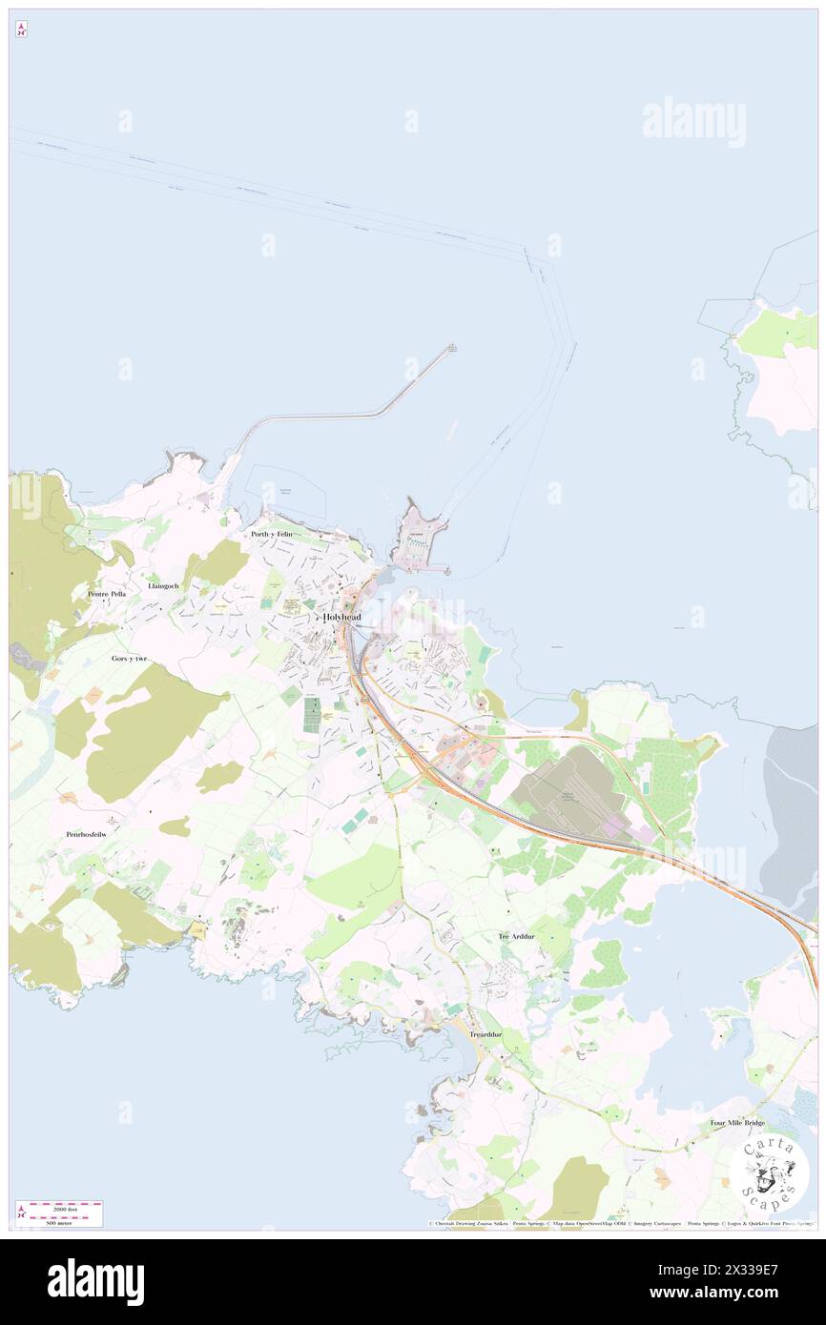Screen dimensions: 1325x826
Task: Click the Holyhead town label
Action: (x=342, y=617)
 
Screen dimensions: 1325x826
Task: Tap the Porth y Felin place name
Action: (x=272, y=535)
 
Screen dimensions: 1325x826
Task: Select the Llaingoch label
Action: (x=163, y=585)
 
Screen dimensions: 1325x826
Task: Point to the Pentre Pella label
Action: (x=106, y=594)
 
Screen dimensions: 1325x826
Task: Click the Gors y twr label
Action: (x=130, y=659)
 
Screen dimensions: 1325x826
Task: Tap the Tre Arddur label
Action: (x=519, y=937)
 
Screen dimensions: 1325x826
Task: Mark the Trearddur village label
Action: (x=485, y=1034)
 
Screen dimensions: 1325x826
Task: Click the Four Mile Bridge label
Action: (x=738, y=1123)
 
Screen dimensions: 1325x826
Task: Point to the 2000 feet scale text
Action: (x=65, y=1207)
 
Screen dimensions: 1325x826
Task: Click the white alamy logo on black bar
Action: (x=95, y=1282)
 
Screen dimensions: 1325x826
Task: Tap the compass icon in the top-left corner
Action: (x=22, y=30)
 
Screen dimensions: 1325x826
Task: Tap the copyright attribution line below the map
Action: (x=620, y=1223)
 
